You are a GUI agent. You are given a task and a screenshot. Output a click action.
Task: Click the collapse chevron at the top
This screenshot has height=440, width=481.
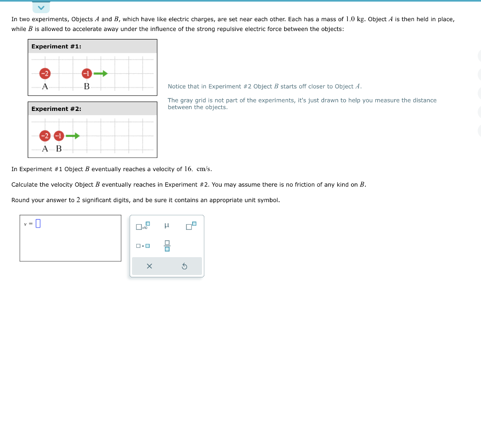41,8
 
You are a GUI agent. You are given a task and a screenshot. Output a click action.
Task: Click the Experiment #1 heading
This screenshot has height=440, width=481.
56,46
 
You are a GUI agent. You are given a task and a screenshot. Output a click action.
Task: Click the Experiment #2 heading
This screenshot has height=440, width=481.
56,109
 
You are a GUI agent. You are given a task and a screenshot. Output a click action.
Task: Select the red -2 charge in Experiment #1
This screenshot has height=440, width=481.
45,73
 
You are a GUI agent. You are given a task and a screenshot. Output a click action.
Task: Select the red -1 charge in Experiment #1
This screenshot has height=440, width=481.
86,73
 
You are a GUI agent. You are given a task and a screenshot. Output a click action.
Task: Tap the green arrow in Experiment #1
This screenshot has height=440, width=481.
101,73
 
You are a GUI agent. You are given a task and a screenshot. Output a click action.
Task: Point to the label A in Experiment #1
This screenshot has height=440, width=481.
45,86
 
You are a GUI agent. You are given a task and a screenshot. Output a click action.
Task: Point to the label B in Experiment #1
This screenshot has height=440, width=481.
86,86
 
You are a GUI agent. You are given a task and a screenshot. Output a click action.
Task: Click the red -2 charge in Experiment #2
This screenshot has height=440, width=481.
45,136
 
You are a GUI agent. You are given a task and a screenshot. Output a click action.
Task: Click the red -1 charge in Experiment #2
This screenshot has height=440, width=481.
59,136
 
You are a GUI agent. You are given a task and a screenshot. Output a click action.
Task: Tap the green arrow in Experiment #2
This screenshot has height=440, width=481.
73,136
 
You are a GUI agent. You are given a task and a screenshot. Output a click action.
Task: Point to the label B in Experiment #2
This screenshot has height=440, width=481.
59,149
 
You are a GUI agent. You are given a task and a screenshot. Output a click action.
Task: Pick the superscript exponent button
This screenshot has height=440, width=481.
191,226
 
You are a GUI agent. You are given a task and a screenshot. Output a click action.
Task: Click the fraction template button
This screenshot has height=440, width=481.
166,245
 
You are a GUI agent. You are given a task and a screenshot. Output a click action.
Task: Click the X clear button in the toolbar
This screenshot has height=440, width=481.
149,266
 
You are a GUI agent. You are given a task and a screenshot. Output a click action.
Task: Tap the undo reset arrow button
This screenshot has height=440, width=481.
184,266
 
